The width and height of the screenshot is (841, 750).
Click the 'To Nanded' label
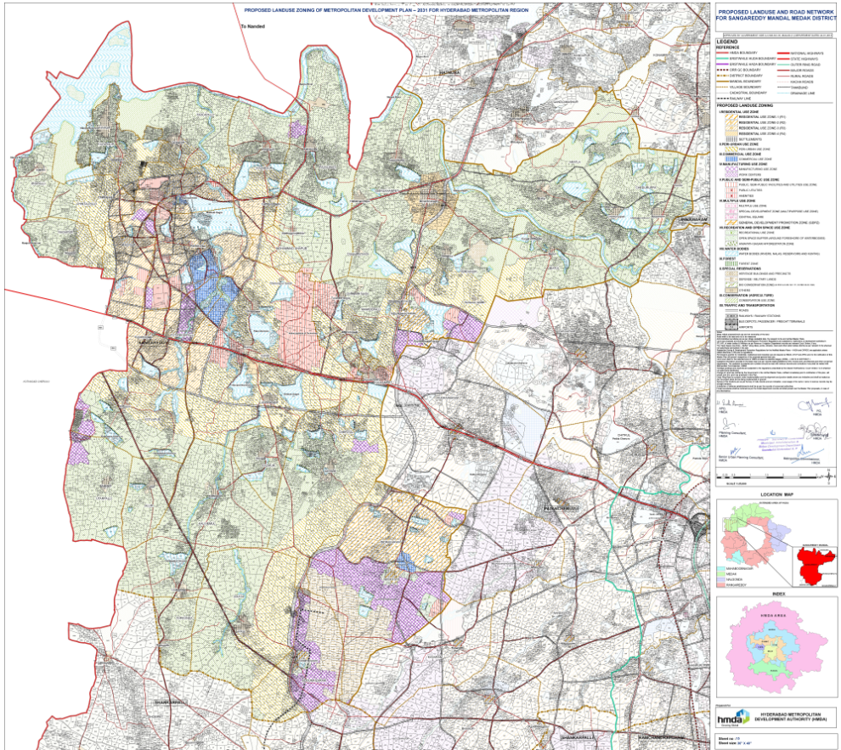coord(254,27)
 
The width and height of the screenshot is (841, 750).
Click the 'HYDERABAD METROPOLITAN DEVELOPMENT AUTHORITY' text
coord(791,717)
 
